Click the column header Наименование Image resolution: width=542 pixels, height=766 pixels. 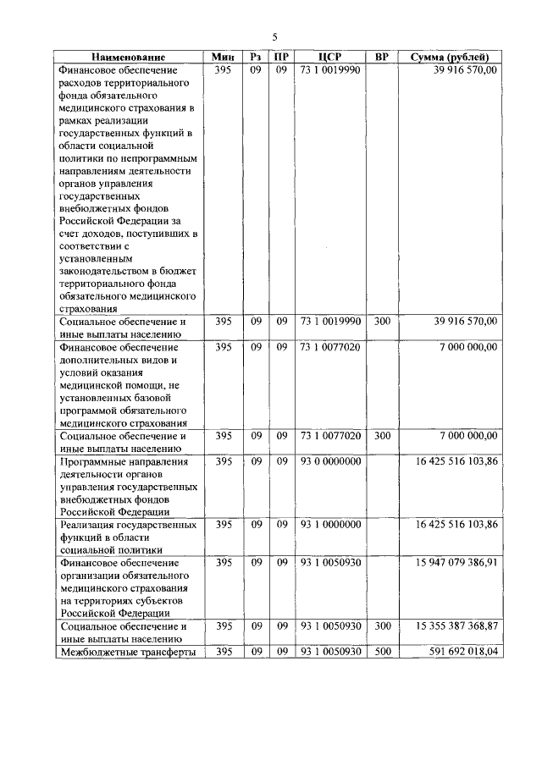pyautogui.click(x=130, y=57)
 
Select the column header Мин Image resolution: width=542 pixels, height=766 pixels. pyautogui.click(x=224, y=57)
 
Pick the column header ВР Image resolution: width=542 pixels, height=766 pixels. pyautogui.click(x=382, y=57)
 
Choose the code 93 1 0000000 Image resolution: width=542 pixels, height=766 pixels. pyautogui.click(x=330, y=525)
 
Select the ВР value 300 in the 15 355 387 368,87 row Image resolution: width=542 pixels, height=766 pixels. pyautogui.click(x=382, y=625)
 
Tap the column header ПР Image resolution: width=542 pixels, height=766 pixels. pyautogui.click(x=280, y=57)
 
